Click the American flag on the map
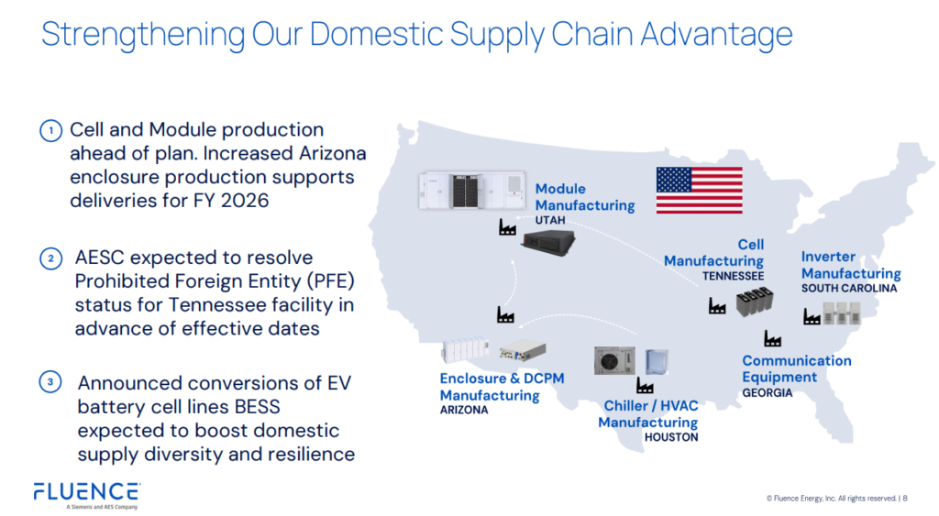(x=699, y=191)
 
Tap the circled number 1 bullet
(x=51, y=130)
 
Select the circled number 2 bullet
(x=51, y=258)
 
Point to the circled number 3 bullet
(x=50, y=381)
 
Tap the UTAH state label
(x=550, y=220)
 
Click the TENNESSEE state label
(x=733, y=276)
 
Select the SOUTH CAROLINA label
(x=849, y=288)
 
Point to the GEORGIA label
(x=768, y=392)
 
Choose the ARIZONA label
(x=464, y=410)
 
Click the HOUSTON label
(x=671, y=437)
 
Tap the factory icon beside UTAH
(x=507, y=227)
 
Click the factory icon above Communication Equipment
(x=772, y=338)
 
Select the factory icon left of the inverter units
(x=812, y=316)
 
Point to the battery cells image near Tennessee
(x=755, y=302)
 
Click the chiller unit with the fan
(x=614, y=360)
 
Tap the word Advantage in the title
(x=717, y=34)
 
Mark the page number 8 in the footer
(x=905, y=498)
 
